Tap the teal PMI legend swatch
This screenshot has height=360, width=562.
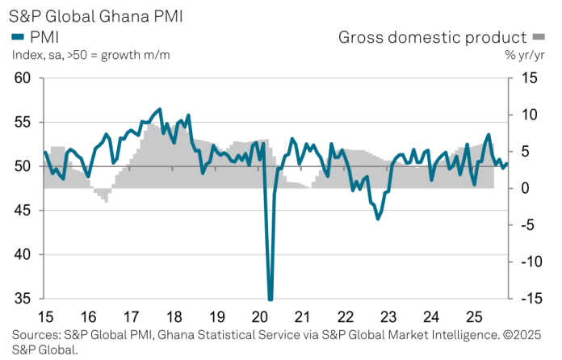(x=17, y=37)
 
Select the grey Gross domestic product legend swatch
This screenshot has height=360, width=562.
(x=538, y=37)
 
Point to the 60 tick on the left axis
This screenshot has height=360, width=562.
(x=22, y=78)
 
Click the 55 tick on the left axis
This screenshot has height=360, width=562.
(x=22, y=122)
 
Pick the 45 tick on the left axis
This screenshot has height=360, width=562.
(x=22, y=211)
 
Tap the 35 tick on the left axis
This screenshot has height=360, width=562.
(x=22, y=299)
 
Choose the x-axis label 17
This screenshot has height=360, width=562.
(x=132, y=316)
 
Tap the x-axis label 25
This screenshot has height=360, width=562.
(x=473, y=316)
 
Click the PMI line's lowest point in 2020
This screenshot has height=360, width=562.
(x=270, y=299)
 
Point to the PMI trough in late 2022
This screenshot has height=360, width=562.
(x=377, y=219)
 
